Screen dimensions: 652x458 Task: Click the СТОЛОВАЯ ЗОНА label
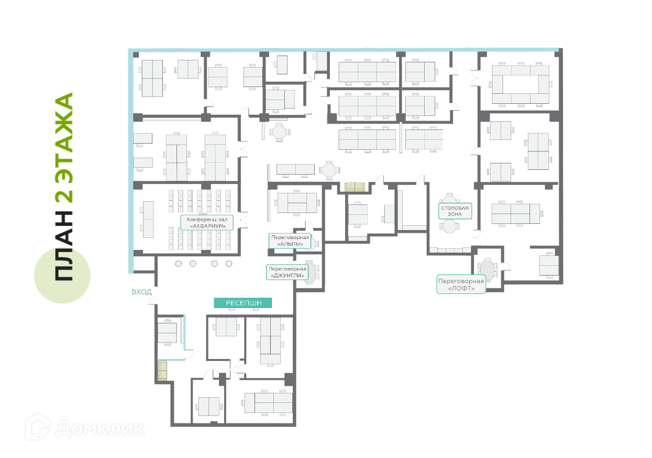click(x=455, y=211)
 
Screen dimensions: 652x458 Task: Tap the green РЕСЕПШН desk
click(x=243, y=303)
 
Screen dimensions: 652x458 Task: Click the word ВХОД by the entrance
click(x=141, y=292)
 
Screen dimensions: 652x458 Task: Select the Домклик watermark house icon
click(x=38, y=427)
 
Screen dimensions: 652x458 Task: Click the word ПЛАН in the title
click(x=64, y=245)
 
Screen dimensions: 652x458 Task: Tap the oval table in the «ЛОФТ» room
click(x=487, y=270)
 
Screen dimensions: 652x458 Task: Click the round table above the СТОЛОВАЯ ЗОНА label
click(x=449, y=199)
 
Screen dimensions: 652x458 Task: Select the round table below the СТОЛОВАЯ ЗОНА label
click(x=449, y=226)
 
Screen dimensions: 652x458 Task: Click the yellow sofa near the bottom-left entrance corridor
click(x=162, y=370)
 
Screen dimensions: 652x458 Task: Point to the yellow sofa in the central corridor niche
click(x=355, y=187)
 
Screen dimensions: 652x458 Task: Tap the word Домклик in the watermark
click(x=100, y=429)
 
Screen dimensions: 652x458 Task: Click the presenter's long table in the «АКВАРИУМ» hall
click(x=148, y=220)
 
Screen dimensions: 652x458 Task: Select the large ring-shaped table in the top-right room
click(x=521, y=84)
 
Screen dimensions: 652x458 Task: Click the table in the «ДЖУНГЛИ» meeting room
click(x=312, y=272)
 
